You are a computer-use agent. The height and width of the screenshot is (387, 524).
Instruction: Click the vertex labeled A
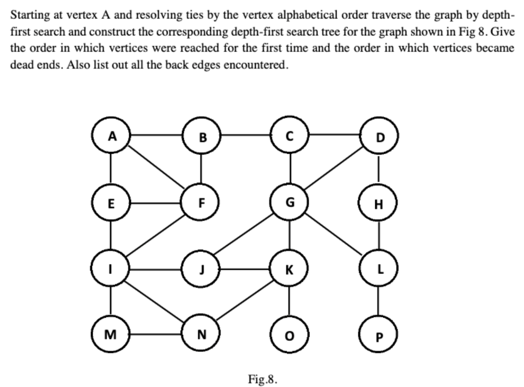(x=112, y=136)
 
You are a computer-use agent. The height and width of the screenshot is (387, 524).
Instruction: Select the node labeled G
(x=290, y=202)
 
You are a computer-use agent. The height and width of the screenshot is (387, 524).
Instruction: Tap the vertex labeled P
(x=378, y=335)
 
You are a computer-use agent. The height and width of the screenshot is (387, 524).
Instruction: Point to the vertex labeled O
(x=290, y=335)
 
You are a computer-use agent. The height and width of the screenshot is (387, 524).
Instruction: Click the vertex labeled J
(x=201, y=269)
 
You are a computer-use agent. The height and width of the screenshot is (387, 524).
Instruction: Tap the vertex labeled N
(x=201, y=335)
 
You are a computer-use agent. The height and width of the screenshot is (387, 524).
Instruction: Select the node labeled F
(x=201, y=202)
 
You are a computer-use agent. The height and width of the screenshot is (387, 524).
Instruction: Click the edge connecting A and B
(x=156, y=136)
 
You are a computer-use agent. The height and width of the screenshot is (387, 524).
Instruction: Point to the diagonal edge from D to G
(x=334, y=169)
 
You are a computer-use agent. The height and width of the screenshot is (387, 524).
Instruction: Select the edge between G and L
(x=334, y=236)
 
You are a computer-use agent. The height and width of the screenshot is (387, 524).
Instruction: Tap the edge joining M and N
(x=156, y=335)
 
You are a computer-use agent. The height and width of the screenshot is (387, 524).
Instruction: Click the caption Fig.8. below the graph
(x=263, y=379)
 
